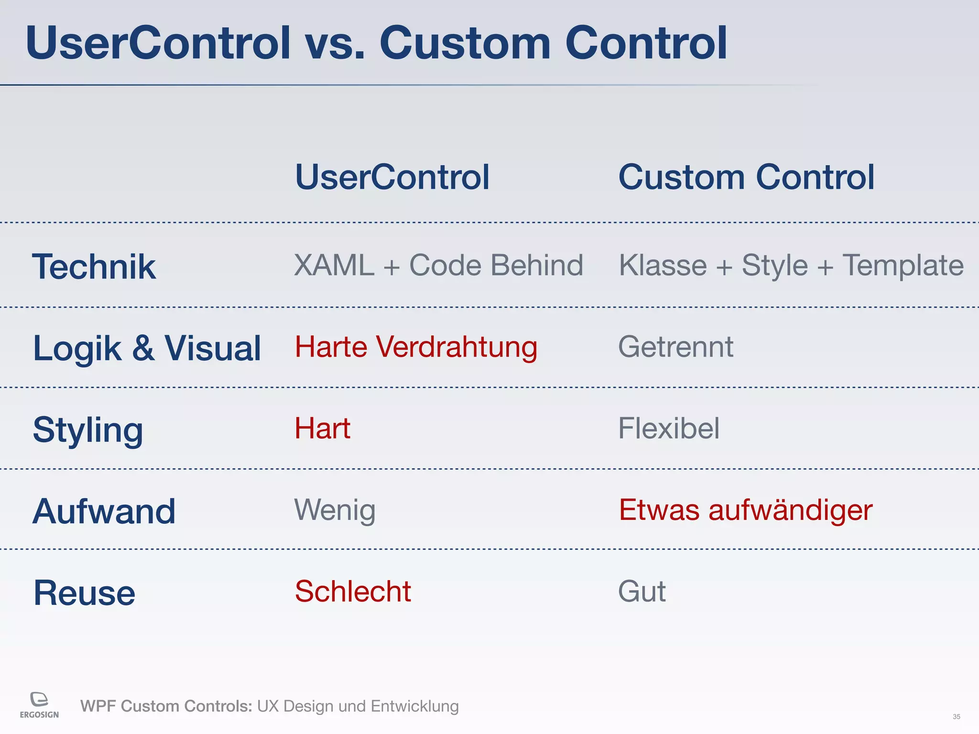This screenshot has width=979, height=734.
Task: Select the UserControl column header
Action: (x=392, y=177)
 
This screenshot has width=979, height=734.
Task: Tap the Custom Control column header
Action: (x=746, y=177)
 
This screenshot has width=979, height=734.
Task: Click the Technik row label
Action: (x=94, y=267)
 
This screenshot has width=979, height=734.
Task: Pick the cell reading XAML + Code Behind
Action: (x=438, y=265)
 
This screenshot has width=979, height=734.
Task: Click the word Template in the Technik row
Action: (x=903, y=265)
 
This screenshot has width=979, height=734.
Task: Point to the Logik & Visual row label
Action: (x=147, y=348)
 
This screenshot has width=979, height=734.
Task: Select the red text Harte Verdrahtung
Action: (x=416, y=347)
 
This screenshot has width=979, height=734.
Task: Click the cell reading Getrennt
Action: (x=675, y=347)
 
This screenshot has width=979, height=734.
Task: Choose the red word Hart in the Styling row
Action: (x=322, y=428)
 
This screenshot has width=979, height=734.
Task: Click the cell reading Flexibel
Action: (x=668, y=428)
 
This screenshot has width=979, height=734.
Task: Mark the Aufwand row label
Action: (x=104, y=511)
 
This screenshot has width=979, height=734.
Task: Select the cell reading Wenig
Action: (x=335, y=510)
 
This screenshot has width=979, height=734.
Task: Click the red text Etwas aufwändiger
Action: (x=745, y=510)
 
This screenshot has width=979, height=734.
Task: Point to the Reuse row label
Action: (x=84, y=593)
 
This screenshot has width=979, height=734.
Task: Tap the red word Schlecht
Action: (x=353, y=592)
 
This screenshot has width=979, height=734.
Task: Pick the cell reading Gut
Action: (x=642, y=592)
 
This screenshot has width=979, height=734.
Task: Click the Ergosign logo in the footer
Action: (x=39, y=705)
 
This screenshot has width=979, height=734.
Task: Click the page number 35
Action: (x=956, y=717)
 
